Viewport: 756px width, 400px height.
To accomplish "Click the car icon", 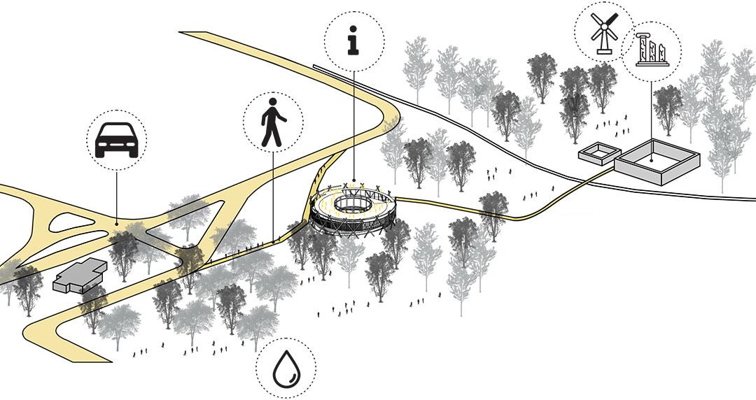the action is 116,140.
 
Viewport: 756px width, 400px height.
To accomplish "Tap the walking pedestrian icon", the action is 273,122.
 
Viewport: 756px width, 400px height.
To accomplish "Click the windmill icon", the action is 603,32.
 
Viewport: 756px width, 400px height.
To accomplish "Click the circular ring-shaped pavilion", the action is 353,209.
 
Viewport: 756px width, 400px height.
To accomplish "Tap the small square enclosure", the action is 599,153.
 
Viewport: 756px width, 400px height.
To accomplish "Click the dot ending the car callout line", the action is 116,222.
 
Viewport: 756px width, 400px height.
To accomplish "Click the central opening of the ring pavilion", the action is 353,203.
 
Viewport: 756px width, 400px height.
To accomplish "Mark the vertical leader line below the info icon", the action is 354,126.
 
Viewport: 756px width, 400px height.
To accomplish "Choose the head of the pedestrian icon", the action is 274,102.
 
